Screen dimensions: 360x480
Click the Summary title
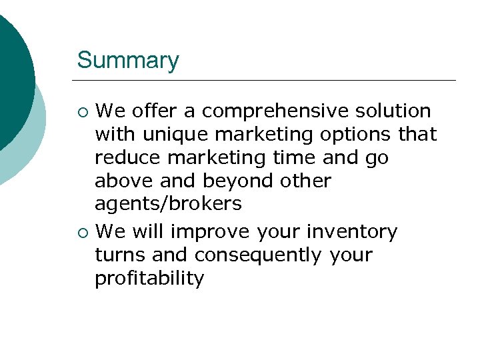pos(128,61)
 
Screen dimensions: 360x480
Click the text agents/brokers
pos(168,204)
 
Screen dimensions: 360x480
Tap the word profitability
pos(149,279)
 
